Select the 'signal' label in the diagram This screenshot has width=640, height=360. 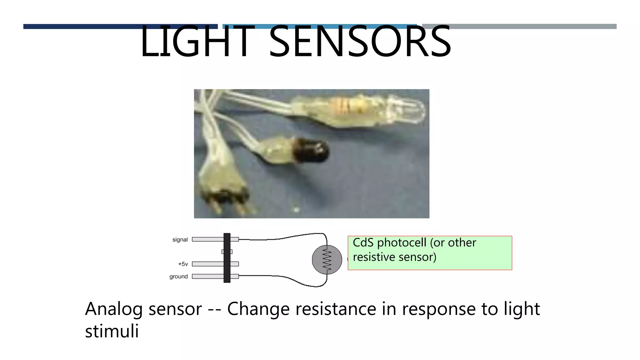[x=180, y=240]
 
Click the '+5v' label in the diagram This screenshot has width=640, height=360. [x=183, y=264]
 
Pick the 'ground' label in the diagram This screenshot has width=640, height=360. [x=178, y=277]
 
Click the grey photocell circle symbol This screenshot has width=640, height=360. [x=327, y=260]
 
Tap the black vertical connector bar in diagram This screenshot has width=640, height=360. [x=227, y=258]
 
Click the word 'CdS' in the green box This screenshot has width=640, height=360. [x=363, y=243]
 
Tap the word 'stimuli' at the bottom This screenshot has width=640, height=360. [x=112, y=331]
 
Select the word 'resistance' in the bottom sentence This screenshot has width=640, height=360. [x=336, y=309]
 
